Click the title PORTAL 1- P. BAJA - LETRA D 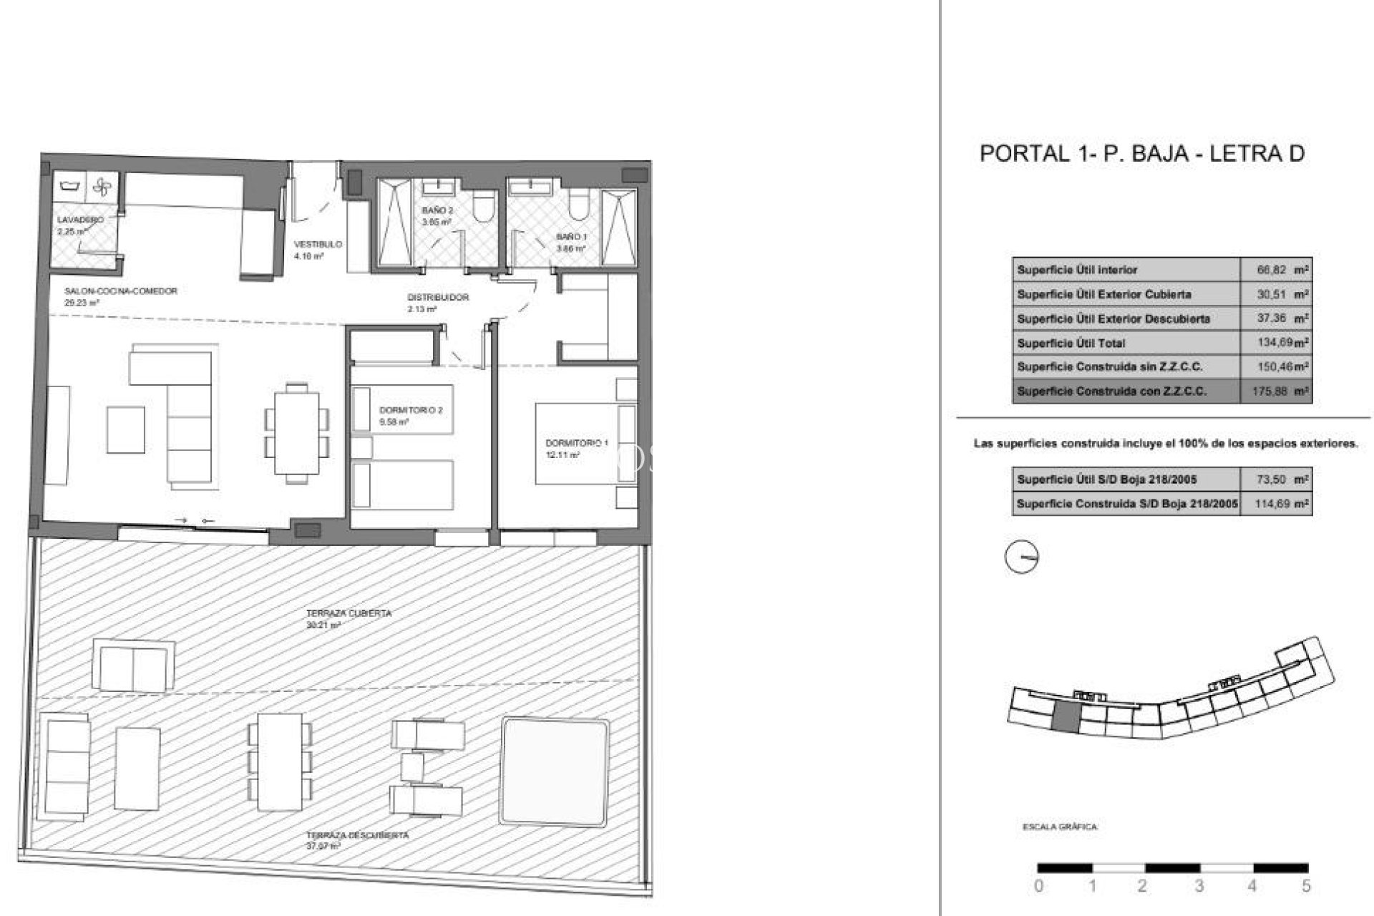click(1141, 153)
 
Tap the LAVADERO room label click(80, 220)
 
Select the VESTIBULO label click(318, 245)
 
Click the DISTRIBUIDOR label click(438, 297)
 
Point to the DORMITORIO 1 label click(576, 444)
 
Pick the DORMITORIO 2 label click(411, 411)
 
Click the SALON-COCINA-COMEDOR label click(120, 291)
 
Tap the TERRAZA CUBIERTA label click(349, 613)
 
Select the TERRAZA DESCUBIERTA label click(357, 835)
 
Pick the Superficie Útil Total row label click(1071, 343)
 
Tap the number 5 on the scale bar click(1306, 886)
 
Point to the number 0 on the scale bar click(1038, 886)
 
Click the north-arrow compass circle click(1021, 557)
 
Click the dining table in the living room click(297, 434)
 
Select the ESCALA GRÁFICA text click(1059, 827)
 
